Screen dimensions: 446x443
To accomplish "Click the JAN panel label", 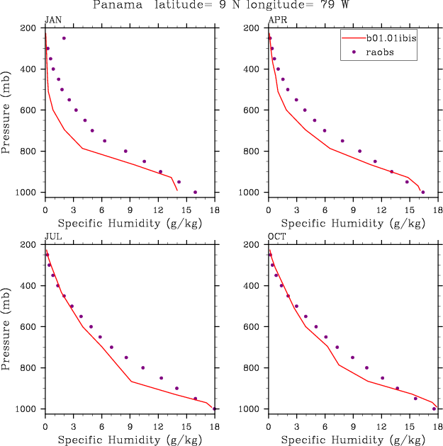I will [x=52, y=20].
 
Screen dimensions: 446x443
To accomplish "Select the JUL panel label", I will [x=52, y=236].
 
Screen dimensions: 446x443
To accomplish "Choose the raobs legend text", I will [x=375, y=52].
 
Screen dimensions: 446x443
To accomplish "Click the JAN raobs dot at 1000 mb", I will [x=196, y=192].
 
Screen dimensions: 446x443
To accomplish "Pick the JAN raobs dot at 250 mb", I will [x=64, y=38].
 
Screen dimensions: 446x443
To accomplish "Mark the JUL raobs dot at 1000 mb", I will [x=214, y=408].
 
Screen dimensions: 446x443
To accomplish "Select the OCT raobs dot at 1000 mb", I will [x=434, y=408].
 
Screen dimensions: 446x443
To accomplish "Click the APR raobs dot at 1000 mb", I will [x=423, y=192].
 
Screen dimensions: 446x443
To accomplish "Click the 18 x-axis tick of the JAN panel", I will [x=215, y=210].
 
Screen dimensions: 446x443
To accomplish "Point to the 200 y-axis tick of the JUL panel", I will [x=30, y=244].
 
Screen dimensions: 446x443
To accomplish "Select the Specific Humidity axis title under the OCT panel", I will [x=352, y=440].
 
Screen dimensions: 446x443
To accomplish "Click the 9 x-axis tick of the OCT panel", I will [x=352, y=426].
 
